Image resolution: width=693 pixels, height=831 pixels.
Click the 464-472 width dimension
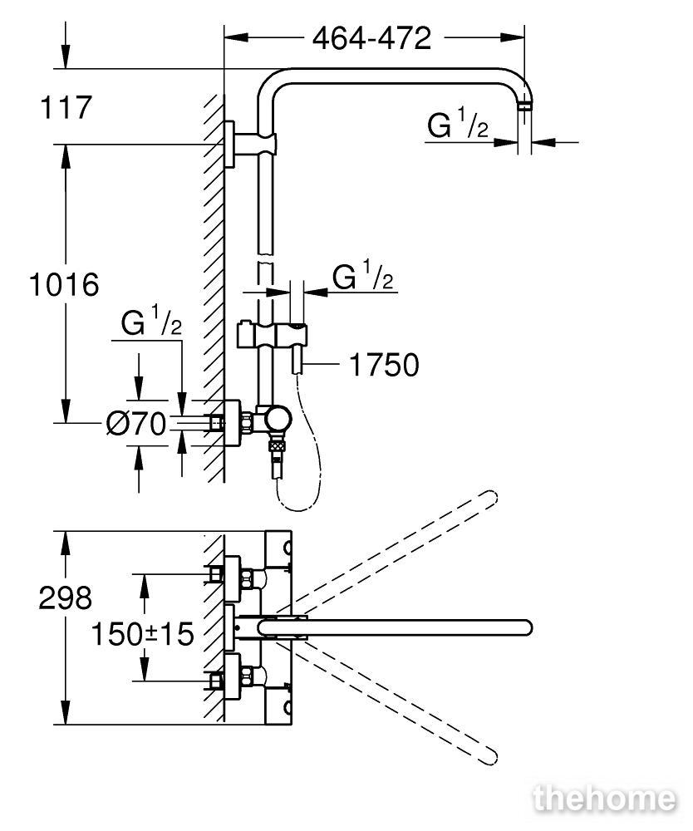point(371,38)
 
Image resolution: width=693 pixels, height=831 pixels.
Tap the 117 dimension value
point(66,107)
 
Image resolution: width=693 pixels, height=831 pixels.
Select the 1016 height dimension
point(64,284)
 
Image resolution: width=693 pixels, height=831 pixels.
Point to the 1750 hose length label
point(384,365)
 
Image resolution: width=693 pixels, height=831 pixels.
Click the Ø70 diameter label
point(136,424)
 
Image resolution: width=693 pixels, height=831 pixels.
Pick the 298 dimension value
point(65,597)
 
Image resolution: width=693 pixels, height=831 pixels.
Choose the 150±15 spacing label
point(143,634)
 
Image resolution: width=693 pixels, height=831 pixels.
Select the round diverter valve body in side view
point(278,420)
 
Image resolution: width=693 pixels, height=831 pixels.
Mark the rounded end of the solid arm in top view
point(524,627)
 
